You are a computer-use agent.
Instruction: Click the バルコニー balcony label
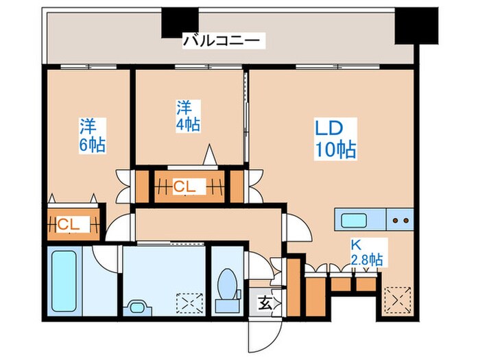tap(221, 41)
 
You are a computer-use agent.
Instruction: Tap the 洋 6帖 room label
tap(91, 136)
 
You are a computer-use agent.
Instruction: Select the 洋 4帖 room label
tap(188, 115)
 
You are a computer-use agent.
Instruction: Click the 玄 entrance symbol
tap(264, 301)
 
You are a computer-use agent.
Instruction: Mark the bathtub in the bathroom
tap(66, 282)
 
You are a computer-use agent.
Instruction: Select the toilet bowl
tap(225, 285)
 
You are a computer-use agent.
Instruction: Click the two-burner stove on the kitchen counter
tap(400, 221)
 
